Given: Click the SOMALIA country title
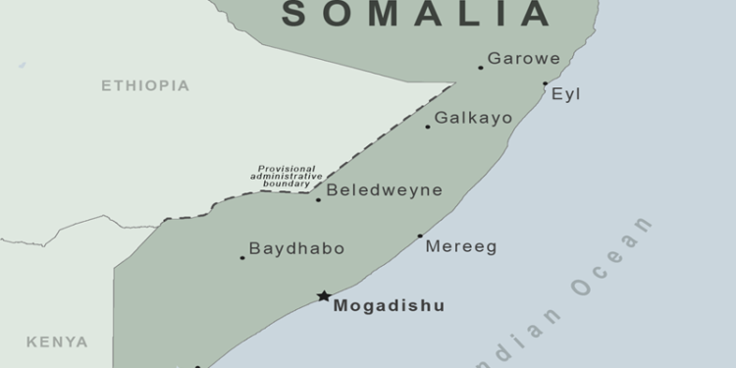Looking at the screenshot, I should [x=416, y=14].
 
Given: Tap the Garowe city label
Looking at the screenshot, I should [x=524, y=59].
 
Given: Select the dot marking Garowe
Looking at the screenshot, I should [x=481, y=68].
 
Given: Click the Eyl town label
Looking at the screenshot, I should [x=566, y=94].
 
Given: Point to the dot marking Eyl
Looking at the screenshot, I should [x=546, y=83].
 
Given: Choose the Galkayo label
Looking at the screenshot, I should [x=473, y=118].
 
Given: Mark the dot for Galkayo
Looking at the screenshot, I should [x=428, y=127].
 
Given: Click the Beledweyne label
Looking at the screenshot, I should [x=384, y=190].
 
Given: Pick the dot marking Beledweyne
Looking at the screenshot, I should [x=318, y=200].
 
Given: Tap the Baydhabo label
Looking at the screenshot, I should [x=296, y=249].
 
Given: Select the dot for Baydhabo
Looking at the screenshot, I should [x=242, y=258].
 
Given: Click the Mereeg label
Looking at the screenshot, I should [x=461, y=247].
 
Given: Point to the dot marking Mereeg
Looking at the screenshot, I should [x=420, y=236].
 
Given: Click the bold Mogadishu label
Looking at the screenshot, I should [x=389, y=306].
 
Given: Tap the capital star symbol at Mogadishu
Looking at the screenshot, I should [x=324, y=295].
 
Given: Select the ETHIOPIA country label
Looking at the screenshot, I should [x=145, y=86].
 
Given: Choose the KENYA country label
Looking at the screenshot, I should [x=57, y=342].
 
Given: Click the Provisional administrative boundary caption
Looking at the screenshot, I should [x=287, y=176].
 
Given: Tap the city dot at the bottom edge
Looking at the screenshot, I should [x=197, y=366].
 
